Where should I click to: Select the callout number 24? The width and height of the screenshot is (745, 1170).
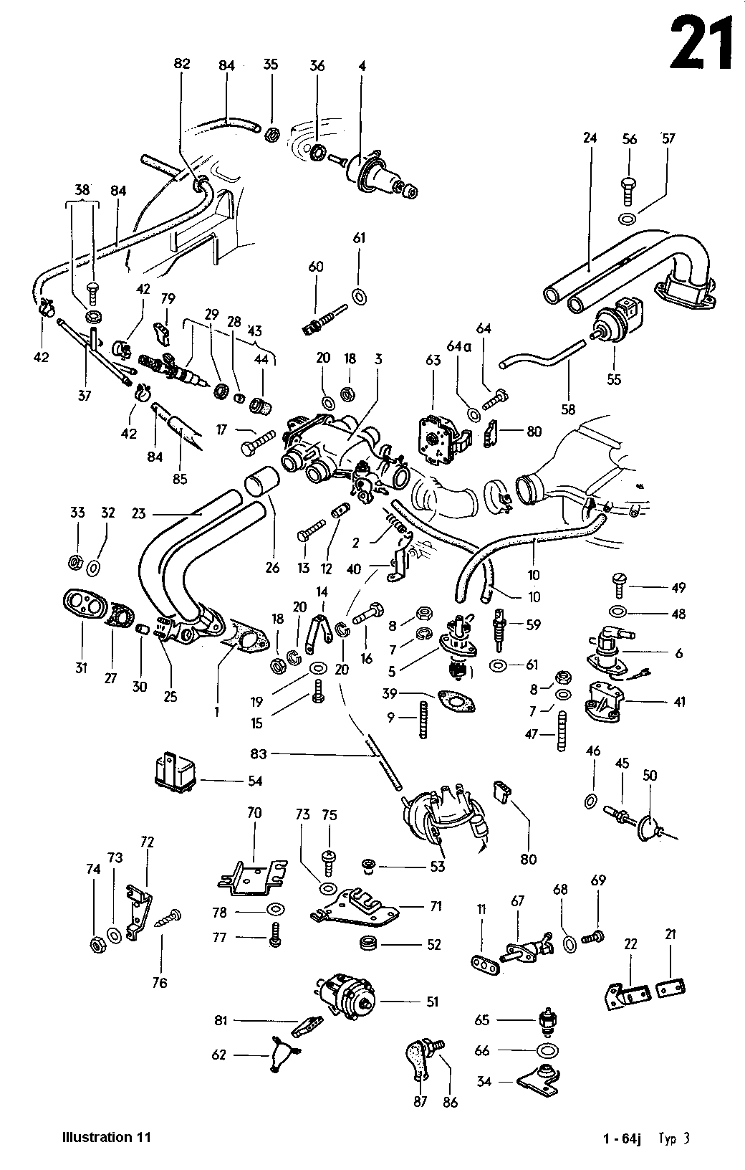[590, 138]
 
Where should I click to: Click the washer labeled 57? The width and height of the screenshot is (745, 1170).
[627, 219]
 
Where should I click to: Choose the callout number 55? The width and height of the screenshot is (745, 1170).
[613, 379]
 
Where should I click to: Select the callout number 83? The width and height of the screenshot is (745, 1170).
[259, 753]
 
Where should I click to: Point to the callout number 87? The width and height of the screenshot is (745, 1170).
[420, 1101]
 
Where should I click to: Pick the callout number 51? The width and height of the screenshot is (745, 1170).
[432, 1002]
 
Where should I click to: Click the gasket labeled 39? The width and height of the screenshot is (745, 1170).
[456, 702]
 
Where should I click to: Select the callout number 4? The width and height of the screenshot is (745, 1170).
[362, 66]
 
